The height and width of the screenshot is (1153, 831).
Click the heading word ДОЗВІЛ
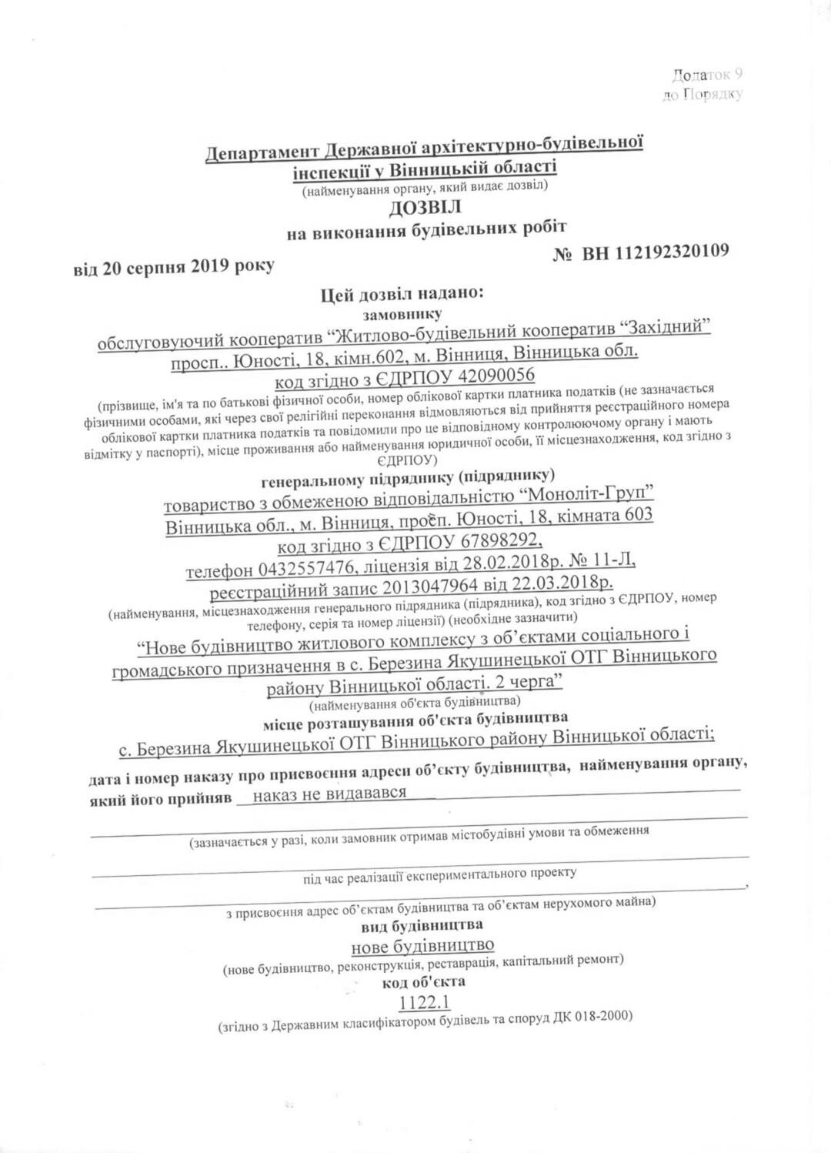tap(426, 207)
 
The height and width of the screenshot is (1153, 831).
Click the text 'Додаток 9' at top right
tap(706, 75)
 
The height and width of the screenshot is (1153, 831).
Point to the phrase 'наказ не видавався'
tap(329, 793)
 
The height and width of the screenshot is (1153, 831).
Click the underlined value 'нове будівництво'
tap(422, 944)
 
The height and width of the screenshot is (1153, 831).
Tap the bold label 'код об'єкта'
tap(423, 982)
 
